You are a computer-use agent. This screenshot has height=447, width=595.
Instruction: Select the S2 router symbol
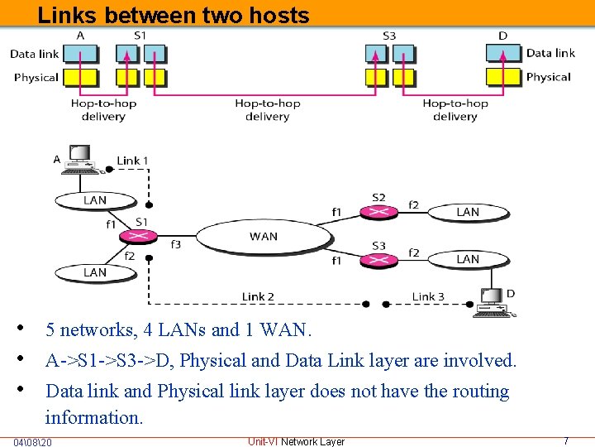tap(378, 212)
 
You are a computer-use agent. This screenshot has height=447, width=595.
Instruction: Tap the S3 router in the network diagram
tap(378, 259)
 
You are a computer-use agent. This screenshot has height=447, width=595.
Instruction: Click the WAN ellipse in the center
tap(263, 237)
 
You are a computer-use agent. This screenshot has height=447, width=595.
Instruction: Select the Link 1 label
tap(132, 161)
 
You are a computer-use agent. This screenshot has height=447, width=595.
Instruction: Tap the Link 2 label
tap(258, 296)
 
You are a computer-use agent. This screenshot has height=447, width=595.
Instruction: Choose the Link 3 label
tap(428, 296)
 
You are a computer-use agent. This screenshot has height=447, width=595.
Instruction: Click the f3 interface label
tap(175, 245)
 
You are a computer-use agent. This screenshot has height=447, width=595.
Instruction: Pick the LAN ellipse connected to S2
tap(468, 213)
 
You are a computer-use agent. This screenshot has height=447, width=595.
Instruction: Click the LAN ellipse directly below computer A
tap(95, 200)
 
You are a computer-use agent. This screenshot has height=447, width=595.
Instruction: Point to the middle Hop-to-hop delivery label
tap(267, 110)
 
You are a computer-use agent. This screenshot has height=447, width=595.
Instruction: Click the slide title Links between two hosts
tap(174, 15)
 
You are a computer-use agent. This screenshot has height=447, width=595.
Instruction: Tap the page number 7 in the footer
tap(565, 441)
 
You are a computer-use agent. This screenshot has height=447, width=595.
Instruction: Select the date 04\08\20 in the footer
tap(33, 442)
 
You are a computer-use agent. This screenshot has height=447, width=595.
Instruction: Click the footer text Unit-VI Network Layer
tap(296, 441)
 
